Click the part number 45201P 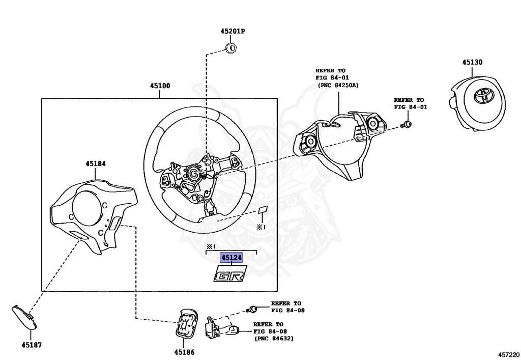(x=233, y=31)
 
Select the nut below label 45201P (x=231, y=48)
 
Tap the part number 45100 (x=160, y=86)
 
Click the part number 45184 (x=96, y=163)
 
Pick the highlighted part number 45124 (x=231, y=257)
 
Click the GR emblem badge (x=230, y=273)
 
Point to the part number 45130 (x=472, y=62)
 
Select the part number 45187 (x=32, y=345)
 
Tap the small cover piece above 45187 (x=24, y=317)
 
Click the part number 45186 (x=184, y=352)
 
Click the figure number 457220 (x=508, y=355)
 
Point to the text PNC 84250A (x=339, y=85)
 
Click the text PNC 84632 (x=274, y=339)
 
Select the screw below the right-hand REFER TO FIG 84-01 (x=407, y=125)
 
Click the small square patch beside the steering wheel (x=263, y=210)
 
